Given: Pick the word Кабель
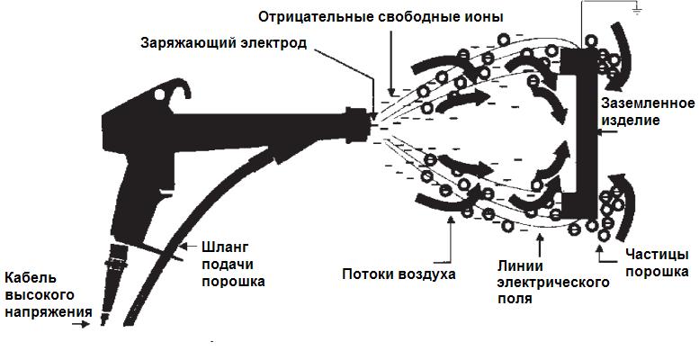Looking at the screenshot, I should pos(31,277).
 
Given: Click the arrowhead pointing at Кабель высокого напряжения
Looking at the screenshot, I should pos(87,324).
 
